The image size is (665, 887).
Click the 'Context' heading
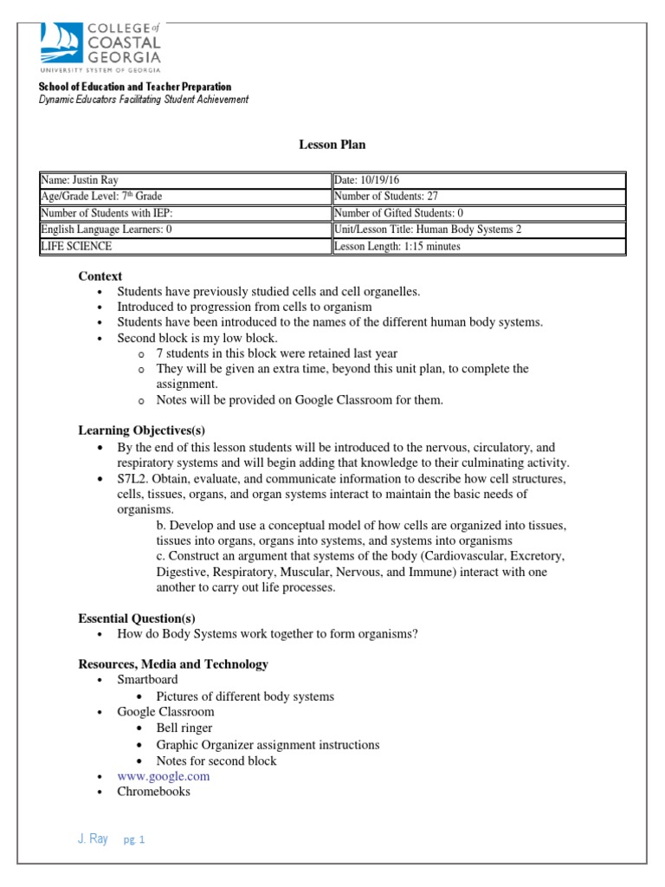coord(100,276)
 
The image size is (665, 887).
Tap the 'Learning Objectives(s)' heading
coord(141,431)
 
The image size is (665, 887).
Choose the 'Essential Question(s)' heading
coord(137,618)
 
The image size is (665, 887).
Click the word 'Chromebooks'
coord(154,792)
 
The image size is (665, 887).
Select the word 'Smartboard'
coord(148,680)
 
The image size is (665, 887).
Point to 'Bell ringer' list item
coord(184,728)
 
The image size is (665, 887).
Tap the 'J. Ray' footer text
coord(93,839)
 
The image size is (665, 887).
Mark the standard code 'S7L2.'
coord(133,479)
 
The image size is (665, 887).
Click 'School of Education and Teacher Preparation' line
coord(134,87)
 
